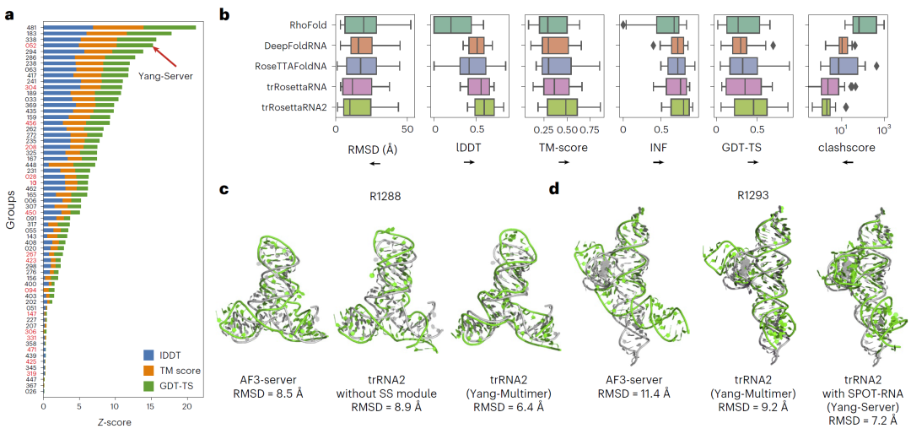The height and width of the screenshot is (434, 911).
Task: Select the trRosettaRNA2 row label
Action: [294, 106]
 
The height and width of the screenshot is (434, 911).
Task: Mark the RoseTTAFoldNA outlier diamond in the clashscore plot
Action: [876, 66]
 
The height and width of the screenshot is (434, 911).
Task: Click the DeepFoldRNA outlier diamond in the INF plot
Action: [652, 46]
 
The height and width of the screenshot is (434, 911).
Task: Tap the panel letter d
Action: [554, 187]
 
